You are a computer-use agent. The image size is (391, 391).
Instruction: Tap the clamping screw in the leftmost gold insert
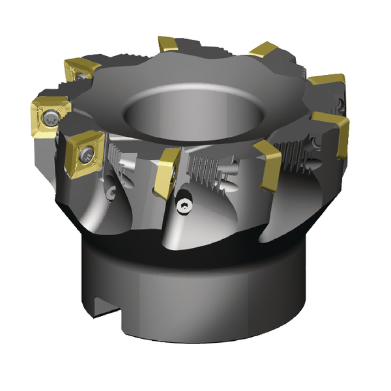51,118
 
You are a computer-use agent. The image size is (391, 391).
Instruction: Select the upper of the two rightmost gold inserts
326,85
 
